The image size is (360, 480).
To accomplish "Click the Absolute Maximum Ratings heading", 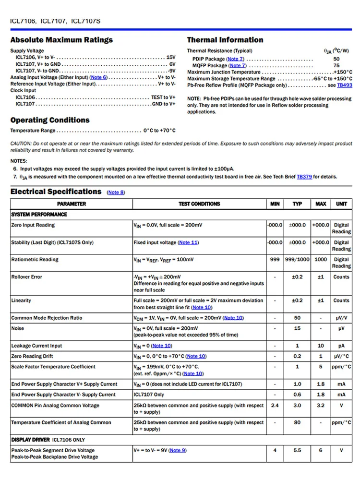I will [61, 40].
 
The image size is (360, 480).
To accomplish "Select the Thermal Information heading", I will [225, 40].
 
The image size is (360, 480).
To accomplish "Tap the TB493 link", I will [344, 85].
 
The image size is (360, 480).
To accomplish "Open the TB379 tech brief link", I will [304, 177].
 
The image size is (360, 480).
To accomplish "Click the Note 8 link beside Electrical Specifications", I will [116, 192].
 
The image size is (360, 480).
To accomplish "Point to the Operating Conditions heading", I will [50, 120].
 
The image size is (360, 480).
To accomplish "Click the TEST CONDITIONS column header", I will [199, 204].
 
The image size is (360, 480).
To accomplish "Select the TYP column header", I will [297, 204].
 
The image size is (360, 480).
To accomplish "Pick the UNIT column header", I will [341, 204].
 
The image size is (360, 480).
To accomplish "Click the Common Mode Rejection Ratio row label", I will [47, 318].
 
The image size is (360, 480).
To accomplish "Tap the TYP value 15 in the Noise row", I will [297, 328].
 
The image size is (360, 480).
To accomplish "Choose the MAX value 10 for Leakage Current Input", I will [321, 346].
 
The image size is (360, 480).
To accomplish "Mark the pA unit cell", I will [341, 346].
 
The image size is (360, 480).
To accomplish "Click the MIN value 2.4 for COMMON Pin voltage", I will [275, 406].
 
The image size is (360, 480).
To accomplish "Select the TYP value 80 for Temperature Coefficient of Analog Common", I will [297, 423].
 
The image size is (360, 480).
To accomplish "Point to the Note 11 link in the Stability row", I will [188, 242].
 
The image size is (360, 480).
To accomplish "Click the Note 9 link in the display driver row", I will [178, 450].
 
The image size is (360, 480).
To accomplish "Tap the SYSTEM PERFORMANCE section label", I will [39, 215].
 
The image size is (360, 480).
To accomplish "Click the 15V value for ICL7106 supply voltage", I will [171, 57].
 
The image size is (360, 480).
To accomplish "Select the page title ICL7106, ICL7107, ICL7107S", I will [55, 21].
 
